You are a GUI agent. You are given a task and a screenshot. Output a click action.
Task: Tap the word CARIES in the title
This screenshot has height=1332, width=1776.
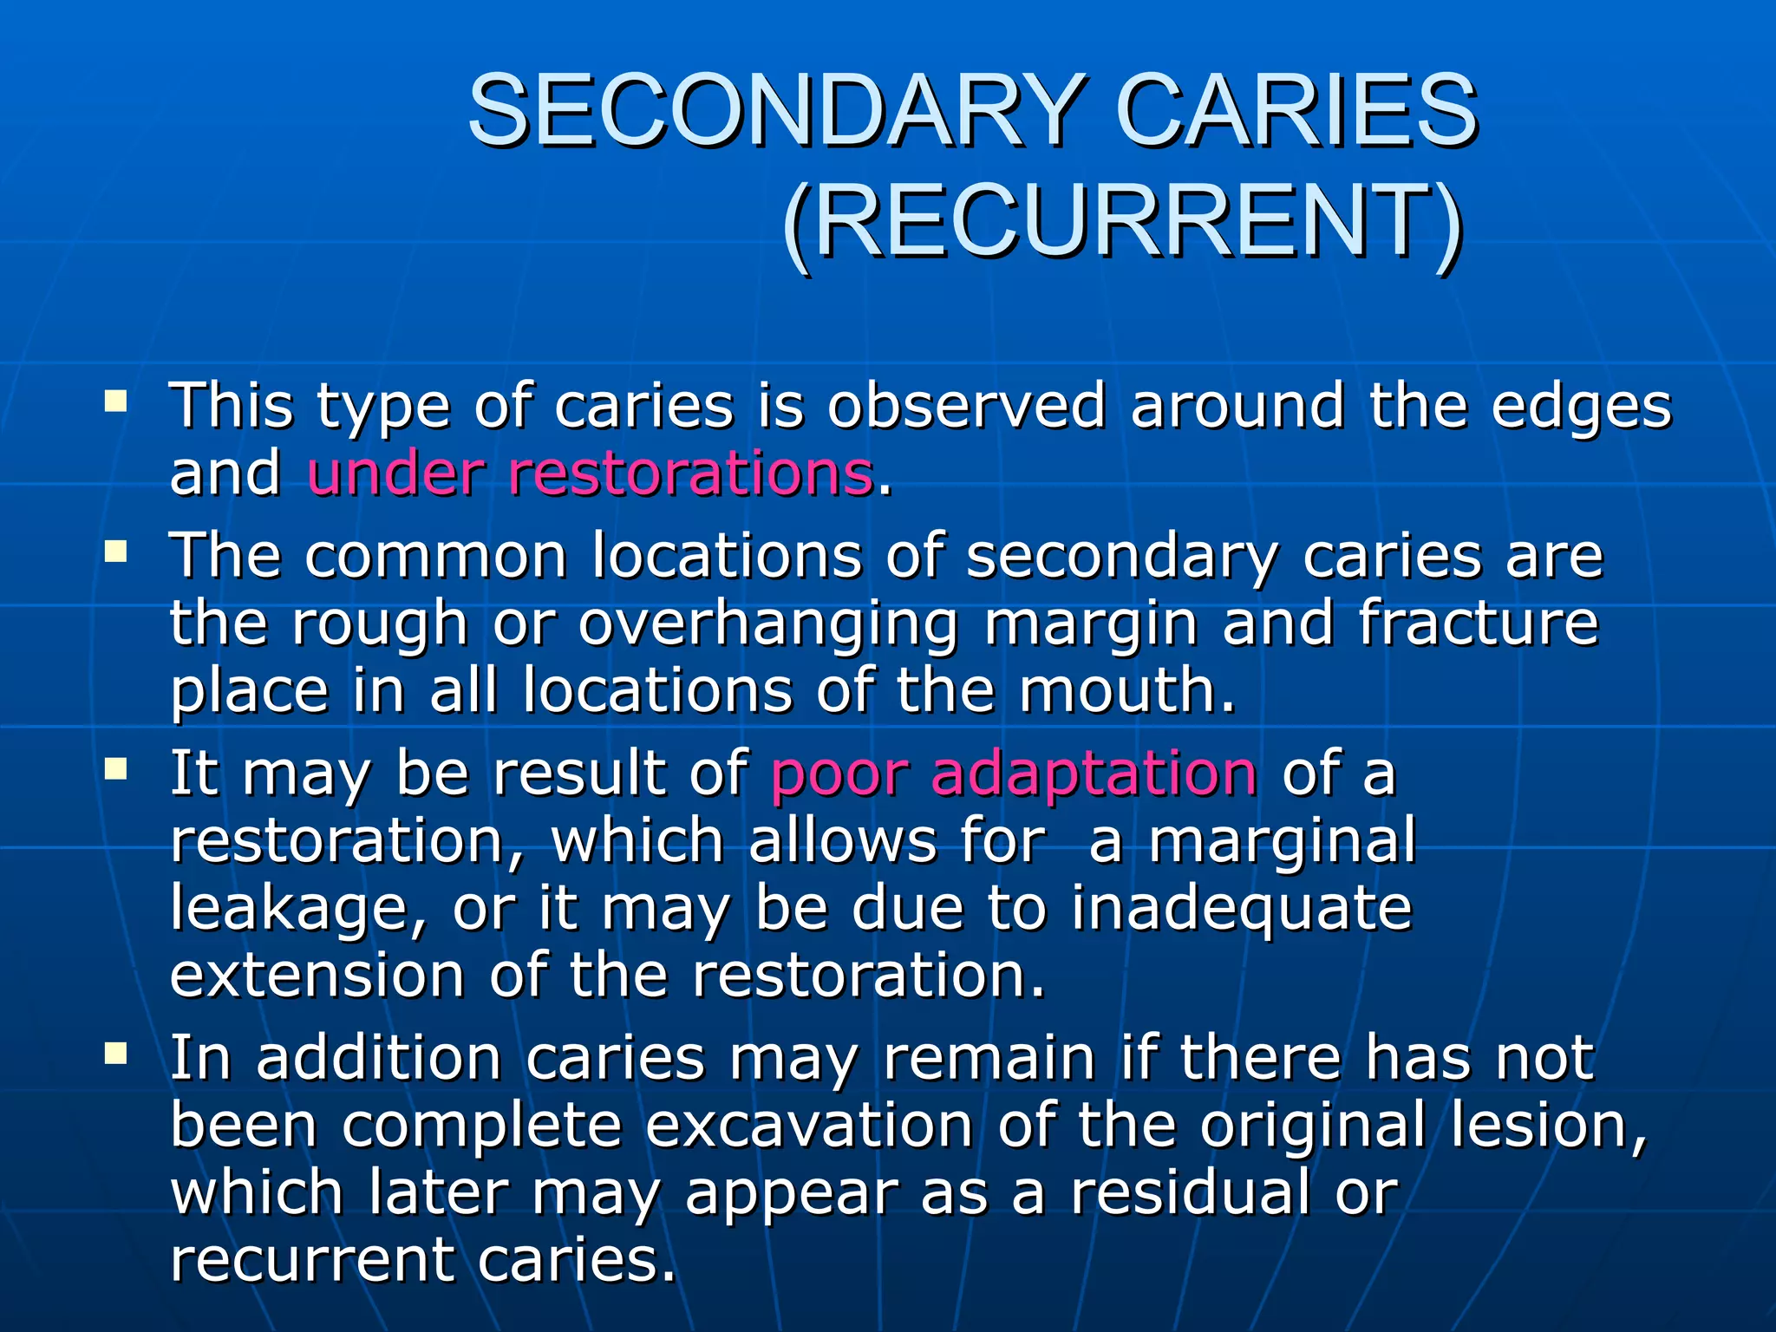pos(1296,111)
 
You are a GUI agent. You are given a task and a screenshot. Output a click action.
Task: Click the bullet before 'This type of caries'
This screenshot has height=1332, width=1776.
pos(115,402)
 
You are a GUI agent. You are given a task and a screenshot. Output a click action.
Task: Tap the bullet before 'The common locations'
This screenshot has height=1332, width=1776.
pos(115,552)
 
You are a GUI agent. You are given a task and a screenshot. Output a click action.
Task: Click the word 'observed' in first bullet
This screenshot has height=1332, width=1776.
pos(967,406)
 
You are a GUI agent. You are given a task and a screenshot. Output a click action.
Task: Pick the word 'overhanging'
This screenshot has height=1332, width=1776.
pos(768,625)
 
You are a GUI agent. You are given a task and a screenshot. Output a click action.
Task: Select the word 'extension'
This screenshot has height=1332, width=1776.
pos(317,976)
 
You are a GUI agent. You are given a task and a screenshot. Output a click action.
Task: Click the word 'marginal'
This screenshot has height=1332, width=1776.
pos(1283,841)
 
